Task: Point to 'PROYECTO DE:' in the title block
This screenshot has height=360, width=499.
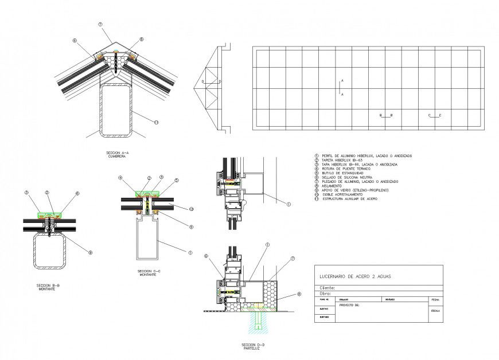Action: [x=349, y=306]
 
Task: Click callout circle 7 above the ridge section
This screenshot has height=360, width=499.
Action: [x=100, y=25]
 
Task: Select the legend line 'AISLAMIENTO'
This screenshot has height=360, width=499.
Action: [x=330, y=185]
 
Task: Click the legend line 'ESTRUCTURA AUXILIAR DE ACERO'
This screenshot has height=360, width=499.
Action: [x=349, y=198]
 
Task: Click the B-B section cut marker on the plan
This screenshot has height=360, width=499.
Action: [x=386, y=115]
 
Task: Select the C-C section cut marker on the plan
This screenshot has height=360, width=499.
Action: [x=434, y=115]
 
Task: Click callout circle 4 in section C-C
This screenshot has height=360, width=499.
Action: [x=121, y=178]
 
